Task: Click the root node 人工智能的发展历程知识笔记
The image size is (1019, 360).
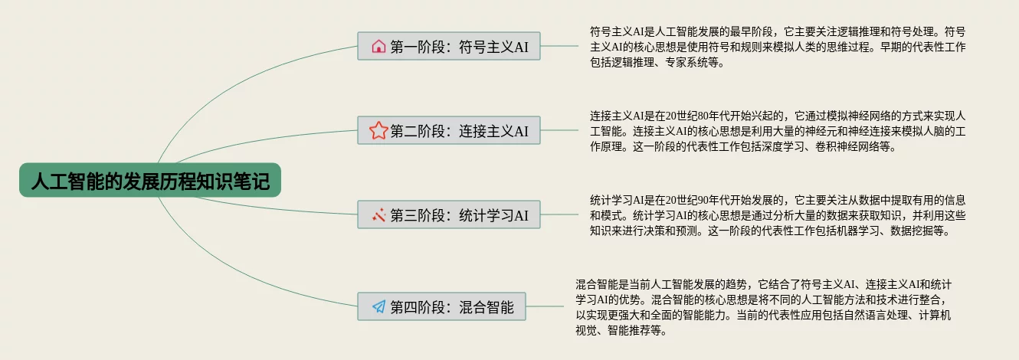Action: coord(150,182)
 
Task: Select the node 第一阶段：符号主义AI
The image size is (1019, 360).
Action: coord(449,47)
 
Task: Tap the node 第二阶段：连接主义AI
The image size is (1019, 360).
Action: coord(449,131)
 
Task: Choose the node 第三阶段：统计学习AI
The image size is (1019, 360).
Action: coord(449,215)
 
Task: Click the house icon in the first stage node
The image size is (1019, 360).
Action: coord(378,47)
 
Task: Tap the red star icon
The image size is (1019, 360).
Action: coord(378,131)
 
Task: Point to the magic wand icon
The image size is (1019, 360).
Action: coord(378,215)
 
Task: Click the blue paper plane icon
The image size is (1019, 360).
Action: coord(378,307)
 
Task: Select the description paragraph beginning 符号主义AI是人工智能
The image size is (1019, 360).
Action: coord(778,47)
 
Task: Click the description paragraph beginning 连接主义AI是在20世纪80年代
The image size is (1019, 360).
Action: coord(778,131)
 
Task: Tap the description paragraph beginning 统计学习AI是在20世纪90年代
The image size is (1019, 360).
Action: coord(778,214)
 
